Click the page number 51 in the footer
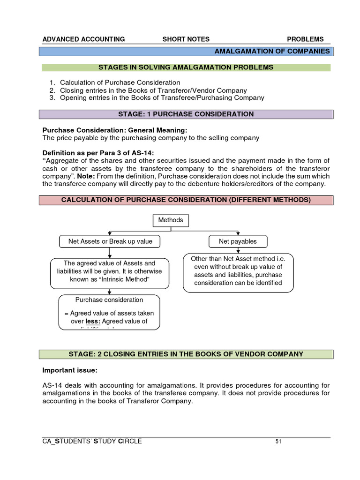coord(278,442)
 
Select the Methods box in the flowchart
coord(171,220)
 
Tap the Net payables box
coord(238,241)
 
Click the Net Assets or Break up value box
coord(110,241)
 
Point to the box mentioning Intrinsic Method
coord(109,271)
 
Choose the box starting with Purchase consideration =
coord(109,311)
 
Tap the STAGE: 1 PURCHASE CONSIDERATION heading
coord(187,114)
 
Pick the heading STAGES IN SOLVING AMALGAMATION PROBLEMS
coord(186,67)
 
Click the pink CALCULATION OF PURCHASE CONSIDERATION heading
coord(186,200)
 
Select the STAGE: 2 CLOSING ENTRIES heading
coord(187,354)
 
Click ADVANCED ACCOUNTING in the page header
coord(83,39)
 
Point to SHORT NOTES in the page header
coord(186,39)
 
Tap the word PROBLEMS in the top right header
coord(305,39)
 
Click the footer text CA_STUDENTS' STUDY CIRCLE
coord(92,442)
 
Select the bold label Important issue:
coord(70,371)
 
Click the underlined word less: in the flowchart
coord(93,322)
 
